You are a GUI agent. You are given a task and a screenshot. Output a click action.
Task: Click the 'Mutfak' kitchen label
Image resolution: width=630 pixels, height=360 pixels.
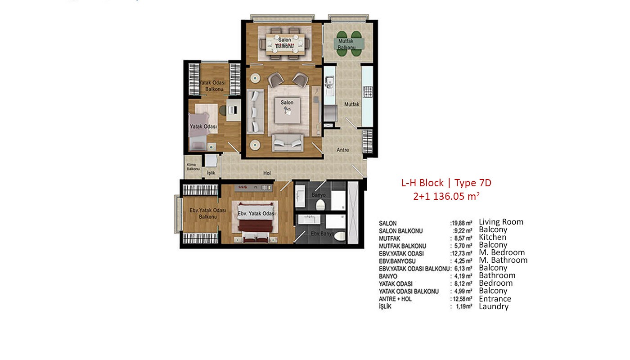[352, 104]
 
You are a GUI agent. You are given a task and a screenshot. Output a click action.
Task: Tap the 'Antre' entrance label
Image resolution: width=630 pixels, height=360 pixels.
[343, 150]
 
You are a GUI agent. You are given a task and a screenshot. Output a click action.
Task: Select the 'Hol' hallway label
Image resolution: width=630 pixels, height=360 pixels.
[267, 173]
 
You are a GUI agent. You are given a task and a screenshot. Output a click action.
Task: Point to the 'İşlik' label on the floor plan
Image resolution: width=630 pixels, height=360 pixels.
[211, 173]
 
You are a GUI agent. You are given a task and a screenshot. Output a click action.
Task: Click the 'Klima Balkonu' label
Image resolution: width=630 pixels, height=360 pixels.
[193, 167]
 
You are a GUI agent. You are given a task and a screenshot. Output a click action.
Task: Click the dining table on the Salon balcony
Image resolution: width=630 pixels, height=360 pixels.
[284, 44]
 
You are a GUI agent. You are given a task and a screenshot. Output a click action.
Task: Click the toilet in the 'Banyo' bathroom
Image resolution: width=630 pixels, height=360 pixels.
[320, 205]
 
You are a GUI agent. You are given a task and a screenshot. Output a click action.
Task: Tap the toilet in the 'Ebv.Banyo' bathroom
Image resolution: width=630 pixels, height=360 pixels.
[340, 236]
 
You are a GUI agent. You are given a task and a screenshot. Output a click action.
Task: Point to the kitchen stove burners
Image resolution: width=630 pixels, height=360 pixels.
[368, 92]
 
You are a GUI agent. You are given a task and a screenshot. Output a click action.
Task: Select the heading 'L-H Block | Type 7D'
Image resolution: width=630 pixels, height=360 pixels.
[446, 183]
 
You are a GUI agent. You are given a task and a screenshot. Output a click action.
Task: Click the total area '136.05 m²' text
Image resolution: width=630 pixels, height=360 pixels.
[456, 196]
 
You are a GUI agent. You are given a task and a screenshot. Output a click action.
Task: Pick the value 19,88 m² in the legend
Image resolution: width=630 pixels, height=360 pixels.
[461, 223]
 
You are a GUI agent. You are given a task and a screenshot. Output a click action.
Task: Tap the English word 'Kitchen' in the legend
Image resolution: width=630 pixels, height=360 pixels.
[492, 237]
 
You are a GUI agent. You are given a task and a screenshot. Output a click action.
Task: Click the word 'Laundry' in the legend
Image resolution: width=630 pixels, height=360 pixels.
[494, 306]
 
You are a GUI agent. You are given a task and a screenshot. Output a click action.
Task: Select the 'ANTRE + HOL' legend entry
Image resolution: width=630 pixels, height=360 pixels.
[395, 299]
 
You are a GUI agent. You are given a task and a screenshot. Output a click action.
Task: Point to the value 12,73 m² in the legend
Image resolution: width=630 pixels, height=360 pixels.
[461, 253]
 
